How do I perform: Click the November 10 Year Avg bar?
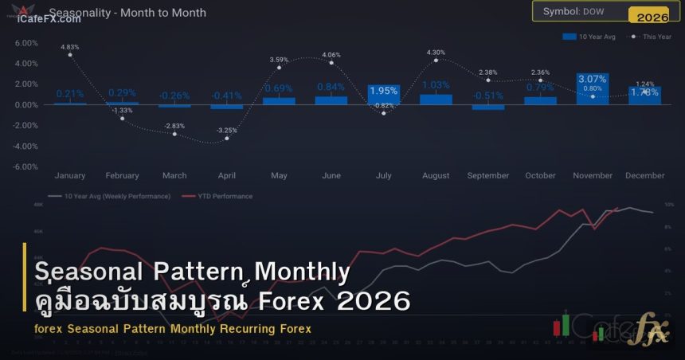(592, 89)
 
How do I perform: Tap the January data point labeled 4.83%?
(70, 54)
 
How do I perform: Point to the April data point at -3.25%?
(227, 139)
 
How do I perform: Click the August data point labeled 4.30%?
(436, 60)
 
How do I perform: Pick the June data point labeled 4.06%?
(331, 62)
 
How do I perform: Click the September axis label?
(488, 175)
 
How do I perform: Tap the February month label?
(122, 175)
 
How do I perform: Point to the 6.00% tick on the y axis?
(26, 42)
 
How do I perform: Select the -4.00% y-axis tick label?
(26, 146)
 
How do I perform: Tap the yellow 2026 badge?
(652, 17)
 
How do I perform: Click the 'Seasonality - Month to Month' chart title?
(127, 13)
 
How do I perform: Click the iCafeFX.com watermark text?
(48, 19)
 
